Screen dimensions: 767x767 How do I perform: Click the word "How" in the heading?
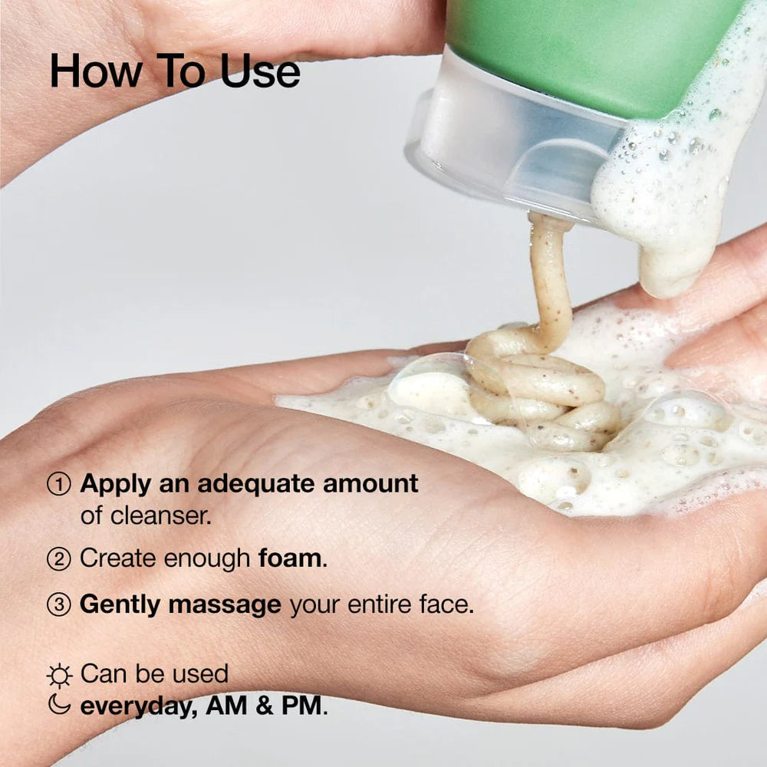(96, 71)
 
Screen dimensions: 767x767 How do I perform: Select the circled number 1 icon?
(59, 484)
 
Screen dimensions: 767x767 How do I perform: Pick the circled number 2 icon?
(59, 559)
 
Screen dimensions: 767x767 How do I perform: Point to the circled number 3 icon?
(59, 605)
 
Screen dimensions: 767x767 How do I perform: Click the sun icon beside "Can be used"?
(59, 675)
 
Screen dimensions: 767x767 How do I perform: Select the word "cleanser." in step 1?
(158, 515)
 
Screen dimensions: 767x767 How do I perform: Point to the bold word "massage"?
(225, 604)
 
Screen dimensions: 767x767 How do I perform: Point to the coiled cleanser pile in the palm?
(537, 391)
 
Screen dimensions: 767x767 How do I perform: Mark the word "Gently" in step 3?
(120, 605)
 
